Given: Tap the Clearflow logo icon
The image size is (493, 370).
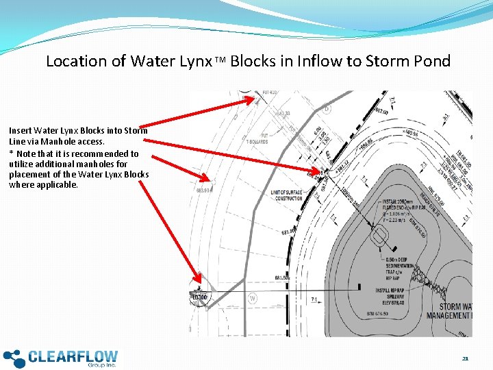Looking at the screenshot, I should (14, 358).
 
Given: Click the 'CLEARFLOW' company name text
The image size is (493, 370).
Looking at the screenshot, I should (73, 356).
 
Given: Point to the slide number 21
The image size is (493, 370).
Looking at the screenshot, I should (465, 358).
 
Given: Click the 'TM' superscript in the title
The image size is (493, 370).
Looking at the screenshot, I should (219, 61).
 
